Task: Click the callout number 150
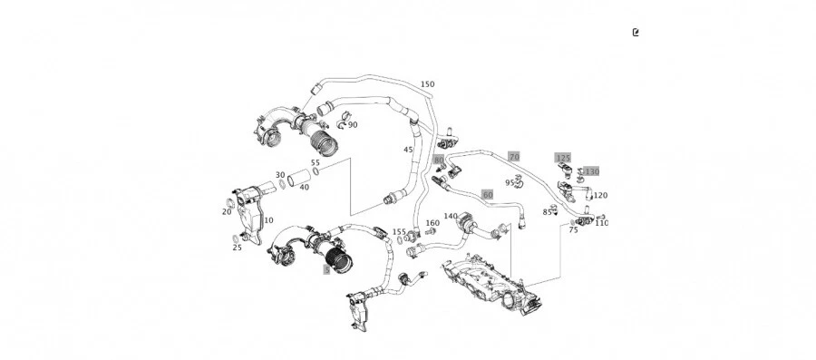[x=427, y=84]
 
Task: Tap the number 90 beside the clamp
[x=353, y=125]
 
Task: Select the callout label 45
[x=408, y=150]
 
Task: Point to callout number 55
[x=316, y=163]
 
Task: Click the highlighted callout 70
[x=514, y=157]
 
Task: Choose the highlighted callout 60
[x=488, y=194]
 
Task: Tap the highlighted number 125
[x=563, y=158]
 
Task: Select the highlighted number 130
[x=592, y=171]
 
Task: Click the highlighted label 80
[x=439, y=161]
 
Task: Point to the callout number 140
[x=451, y=217]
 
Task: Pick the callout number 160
[x=432, y=223]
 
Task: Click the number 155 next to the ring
[x=399, y=232]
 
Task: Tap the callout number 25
[x=238, y=248]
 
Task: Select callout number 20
[x=227, y=212]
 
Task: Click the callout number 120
[x=600, y=196]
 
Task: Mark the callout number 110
[x=602, y=223]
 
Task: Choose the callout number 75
[x=573, y=230]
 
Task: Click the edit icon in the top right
[x=636, y=33]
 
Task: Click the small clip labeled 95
[x=520, y=181]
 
